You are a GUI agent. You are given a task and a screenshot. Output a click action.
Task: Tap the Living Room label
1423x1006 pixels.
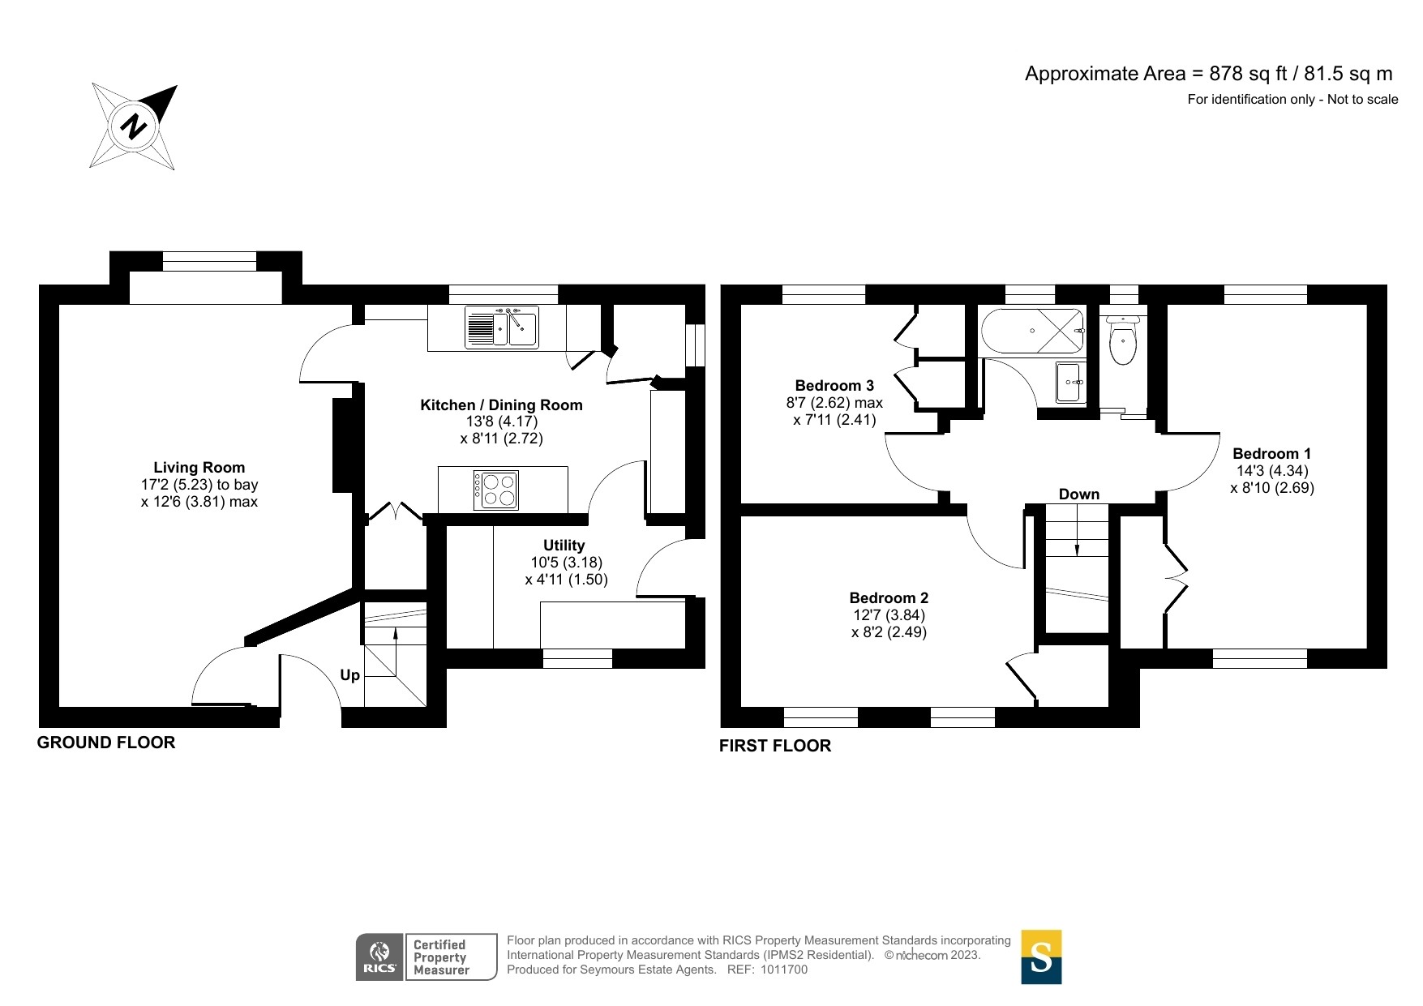point(199,467)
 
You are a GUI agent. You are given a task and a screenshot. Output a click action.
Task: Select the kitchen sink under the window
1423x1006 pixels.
point(502,327)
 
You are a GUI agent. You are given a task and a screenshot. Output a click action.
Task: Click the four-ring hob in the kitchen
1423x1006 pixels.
point(495,490)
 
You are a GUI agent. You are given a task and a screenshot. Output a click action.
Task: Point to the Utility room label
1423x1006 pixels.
point(564,545)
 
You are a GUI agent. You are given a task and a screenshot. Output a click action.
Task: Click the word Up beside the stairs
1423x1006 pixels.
point(349,675)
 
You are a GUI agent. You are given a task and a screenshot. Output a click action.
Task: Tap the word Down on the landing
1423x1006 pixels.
point(1079,494)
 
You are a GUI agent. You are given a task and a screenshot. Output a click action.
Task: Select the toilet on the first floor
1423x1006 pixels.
point(1122,340)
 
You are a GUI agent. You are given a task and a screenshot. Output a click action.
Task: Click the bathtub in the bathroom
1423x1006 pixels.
point(1032,332)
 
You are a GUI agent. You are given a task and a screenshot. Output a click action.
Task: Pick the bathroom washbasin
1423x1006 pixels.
point(1070,382)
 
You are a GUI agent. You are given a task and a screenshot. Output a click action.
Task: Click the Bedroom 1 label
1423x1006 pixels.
point(1271,453)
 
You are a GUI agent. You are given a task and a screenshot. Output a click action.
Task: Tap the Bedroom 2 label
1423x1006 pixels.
point(889,597)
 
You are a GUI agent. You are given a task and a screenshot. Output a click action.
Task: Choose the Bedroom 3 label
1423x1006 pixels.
point(834,385)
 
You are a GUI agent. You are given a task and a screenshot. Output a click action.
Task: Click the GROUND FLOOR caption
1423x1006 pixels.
point(106,742)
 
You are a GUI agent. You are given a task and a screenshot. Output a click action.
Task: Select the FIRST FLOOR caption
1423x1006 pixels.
point(775,745)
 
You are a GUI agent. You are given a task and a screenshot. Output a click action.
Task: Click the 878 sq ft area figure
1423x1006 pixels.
point(1249,74)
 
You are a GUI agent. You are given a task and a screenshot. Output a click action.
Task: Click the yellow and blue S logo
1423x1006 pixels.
point(1041,957)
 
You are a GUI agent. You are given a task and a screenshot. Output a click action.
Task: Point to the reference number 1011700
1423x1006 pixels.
point(784,970)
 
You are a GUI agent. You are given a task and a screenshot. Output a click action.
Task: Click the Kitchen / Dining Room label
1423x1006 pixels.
point(501,405)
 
